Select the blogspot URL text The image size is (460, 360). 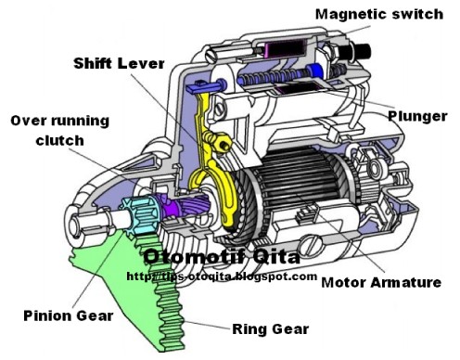click(x=222, y=276)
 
